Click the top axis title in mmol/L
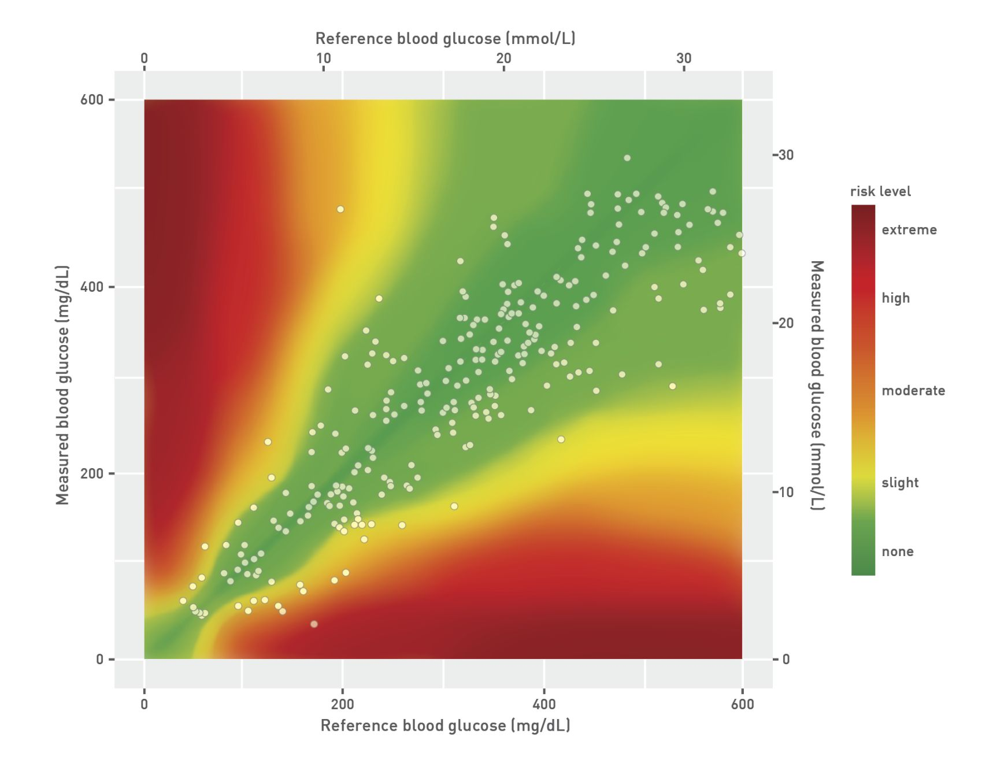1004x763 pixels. coord(445,39)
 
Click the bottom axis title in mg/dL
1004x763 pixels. coord(445,725)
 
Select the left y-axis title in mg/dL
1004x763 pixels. coord(62,385)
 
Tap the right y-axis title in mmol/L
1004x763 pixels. coord(817,385)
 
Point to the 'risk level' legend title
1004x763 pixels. coord(880,191)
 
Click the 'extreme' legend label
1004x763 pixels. coord(909,229)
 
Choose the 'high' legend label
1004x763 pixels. coord(895,298)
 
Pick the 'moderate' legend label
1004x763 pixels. coord(913,391)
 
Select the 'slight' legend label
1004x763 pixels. coord(900,483)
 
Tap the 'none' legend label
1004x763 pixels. coord(897,551)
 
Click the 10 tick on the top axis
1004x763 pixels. coord(324,58)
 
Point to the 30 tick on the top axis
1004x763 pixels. coord(684,58)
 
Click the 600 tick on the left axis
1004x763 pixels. coord(91,99)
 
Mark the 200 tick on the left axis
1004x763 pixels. coord(91,473)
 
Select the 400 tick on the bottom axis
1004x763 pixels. coord(544,704)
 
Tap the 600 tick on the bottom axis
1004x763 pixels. coord(742,704)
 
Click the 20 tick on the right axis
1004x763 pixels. coord(786,323)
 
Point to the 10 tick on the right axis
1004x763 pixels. coord(786,492)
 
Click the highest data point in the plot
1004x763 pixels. coord(627,158)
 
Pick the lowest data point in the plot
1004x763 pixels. coord(314,624)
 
